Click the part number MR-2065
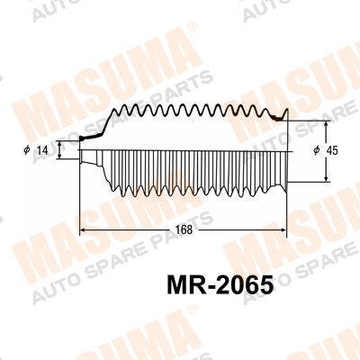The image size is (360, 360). pyautogui.click(x=220, y=284)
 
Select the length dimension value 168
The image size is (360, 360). pyautogui.click(x=184, y=230)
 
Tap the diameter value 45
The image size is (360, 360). pyautogui.click(x=331, y=150)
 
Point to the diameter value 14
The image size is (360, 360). pyautogui.click(x=43, y=149)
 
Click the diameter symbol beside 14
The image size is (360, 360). pyautogui.click(x=27, y=149)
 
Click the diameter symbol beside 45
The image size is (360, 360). pyautogui.click(x=317, y=150)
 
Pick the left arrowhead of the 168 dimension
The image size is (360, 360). pyautogui.click(x=84, y=230)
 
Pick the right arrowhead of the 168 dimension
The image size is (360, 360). pyautogui.click(x=283, y=230)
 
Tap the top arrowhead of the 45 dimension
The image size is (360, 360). pyautogui.click(x=326, y=125)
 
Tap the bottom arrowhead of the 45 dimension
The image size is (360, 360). pyautogui.click(x=326, y=178)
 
